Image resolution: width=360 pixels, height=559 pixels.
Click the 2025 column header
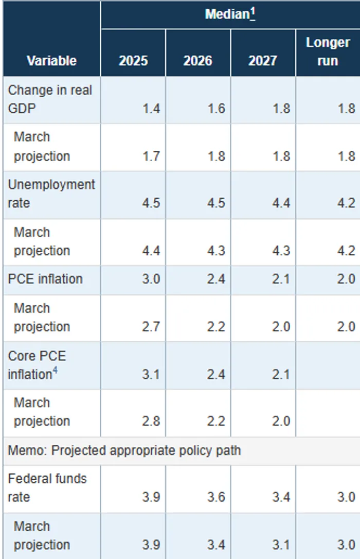(x=133, y=61)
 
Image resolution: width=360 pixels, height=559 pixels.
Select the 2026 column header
(x=197, y=61)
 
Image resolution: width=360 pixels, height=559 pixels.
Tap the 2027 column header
(x=263, y=61)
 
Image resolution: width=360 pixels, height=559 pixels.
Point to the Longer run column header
(x=328, y=51)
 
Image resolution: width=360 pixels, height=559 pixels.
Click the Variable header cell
(x=51, y=61)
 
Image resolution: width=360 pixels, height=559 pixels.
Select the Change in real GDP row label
(x=50, y=99)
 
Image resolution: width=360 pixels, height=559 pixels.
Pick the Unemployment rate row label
(x=51, y=194)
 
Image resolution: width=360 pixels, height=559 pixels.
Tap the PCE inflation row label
(x=45, y=279)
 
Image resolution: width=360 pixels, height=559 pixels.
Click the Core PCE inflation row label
(x=37, y=365)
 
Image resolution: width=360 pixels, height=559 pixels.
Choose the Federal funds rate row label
(x=47, y=488)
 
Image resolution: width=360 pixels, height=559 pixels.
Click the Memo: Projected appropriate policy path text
(x=124, y=450)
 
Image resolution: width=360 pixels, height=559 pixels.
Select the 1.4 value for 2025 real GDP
(x=151, y=109)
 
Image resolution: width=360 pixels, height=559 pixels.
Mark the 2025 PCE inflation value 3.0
(x=151, y=279)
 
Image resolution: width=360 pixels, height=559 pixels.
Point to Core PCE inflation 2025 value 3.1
(x=151, y=374)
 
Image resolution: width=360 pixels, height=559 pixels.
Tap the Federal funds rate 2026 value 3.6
(x=216, y=497)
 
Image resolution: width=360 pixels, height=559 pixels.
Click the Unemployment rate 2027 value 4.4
(x=281, y=203)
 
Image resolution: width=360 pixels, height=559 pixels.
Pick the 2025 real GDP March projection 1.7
(x=151, y=156)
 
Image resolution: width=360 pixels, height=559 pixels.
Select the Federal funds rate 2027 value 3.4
(x=281, y=497)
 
